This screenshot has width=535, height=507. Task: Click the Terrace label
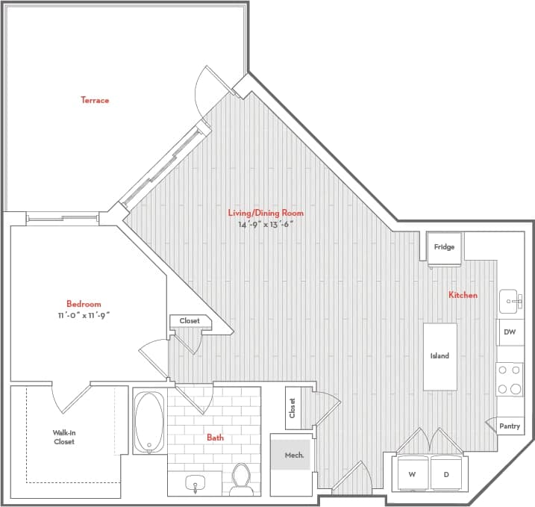pos(95,100)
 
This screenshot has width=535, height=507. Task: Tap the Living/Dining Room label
pos(266,213)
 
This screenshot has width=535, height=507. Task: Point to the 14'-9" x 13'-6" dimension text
pos(260,224)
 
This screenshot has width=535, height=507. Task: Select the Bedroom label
pos(84,304)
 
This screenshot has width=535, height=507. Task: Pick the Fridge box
pos(445,247)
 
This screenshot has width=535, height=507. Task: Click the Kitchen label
pos(463,295)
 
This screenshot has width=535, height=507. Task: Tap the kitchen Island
pos(439,356)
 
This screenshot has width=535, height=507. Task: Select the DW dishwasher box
pos(510,332)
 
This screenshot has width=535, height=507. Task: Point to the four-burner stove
pos(510,379)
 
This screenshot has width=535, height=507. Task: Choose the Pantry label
pos(510,426)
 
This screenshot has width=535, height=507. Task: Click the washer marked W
pos(412,473)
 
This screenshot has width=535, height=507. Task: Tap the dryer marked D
pos(447,473)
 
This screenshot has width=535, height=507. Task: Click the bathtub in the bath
pos(149,421)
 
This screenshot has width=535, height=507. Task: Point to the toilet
pos(241,479)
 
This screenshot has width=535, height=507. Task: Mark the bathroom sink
pos(195,484)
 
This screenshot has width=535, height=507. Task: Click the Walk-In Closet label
pos(63,437)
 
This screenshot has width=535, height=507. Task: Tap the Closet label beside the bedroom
pos(190,321)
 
